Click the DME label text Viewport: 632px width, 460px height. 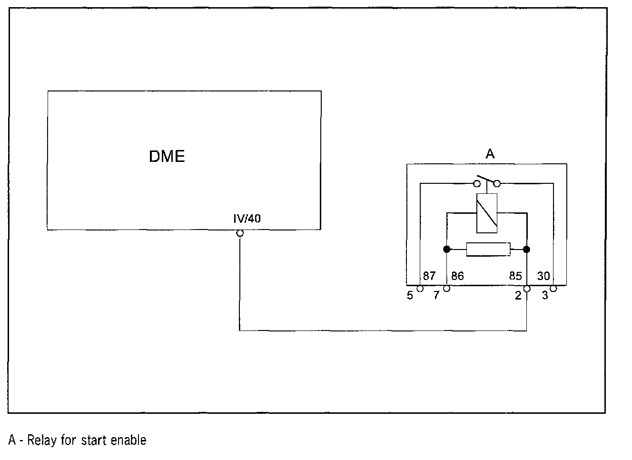click(x=167, y=156)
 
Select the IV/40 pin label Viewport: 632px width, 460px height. click(x=247, y=219)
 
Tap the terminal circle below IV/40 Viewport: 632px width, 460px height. click(x=240, y=233)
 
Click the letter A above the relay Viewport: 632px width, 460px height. click(x=490, y=154)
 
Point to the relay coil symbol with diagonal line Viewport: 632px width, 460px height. click(x=486, y=213)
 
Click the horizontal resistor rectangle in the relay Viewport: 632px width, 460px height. click(x=488, y=249)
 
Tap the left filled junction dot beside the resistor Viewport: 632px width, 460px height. click(x=446, y=249)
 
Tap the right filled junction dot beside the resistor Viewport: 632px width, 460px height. click(x=526, y=249)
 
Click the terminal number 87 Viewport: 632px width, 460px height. click(x=429, y=276)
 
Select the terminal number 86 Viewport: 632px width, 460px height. click(x=457, y=276)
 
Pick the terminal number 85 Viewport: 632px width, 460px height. click(x=515, y=276)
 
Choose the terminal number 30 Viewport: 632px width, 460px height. click(x=543, y=276)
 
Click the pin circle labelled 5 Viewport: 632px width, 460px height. click(x=420, y=289)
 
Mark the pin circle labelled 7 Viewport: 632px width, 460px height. click(x=446, y=289)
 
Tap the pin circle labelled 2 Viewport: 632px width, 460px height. click(x=526, y=289)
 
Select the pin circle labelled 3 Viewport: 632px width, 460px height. click(x=553, y=289)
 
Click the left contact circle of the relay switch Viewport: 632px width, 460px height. click(x=476, y=183)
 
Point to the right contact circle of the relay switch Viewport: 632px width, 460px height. click(x=497, y=183)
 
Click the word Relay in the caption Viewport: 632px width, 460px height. click(x=42, y=440)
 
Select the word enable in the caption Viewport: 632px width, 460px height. click(x=128, y=440)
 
